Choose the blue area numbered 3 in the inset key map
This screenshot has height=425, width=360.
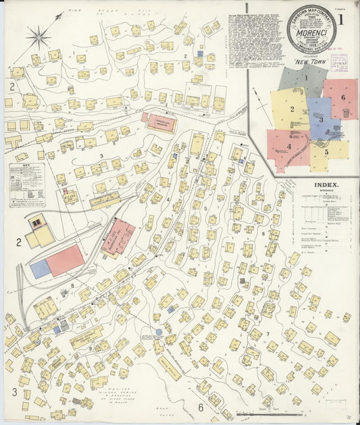pyautogui.click(x=321, y=118)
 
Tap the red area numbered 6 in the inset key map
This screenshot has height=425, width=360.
pyautogui.click(x=342, y=99)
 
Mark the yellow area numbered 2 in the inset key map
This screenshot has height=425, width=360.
pyautogui.click(x=291, y=108)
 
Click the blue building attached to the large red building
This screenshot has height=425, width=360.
pyautogui.click(x=41, y=268)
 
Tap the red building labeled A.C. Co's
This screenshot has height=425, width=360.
pyautogui.click(x=118, y=236)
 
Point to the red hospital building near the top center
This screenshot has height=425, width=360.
pyautogui.click(x=160, y=122)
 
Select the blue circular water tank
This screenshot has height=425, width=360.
pyautogui.click(x=159, y=332)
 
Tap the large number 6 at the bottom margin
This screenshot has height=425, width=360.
pyautogui.click(x=200, y=407)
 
